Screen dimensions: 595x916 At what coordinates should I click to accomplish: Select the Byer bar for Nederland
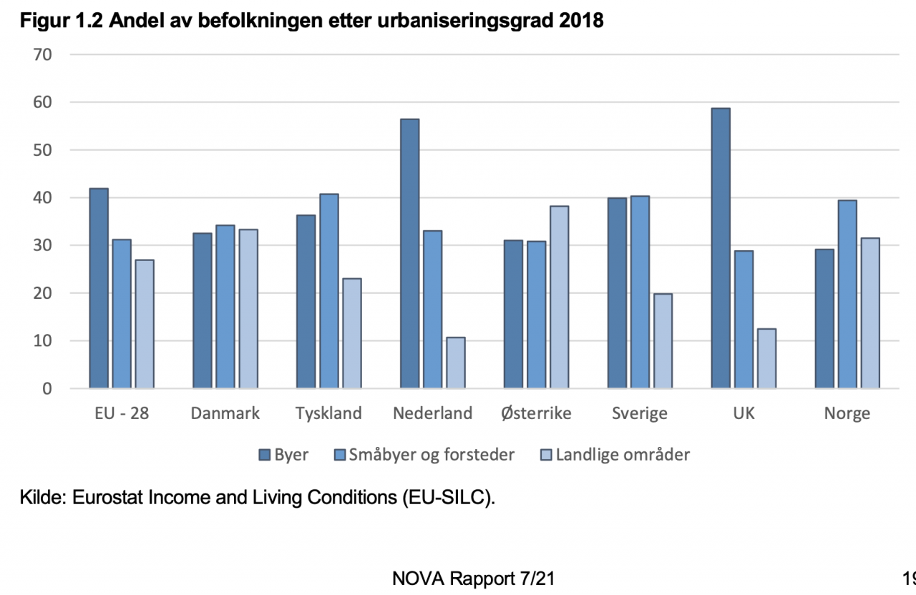click(410, 254)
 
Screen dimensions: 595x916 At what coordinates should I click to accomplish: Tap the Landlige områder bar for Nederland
click(456, 363)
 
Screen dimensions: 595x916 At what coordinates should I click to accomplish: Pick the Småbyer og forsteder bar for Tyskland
click(329, 291)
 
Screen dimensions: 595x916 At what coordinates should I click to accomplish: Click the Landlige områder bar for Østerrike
click(559, 297)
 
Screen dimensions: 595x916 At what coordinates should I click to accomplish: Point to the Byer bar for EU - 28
click(99, 288)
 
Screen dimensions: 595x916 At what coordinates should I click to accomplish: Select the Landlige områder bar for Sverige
click(663, 341)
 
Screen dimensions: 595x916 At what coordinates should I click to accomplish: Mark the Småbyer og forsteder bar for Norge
click(847, 294)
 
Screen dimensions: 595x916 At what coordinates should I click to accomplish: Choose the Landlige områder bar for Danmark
click(248, 309)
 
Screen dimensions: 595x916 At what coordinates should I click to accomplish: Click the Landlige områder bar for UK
click(766, 358)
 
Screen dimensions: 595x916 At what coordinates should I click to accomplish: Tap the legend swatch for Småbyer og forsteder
click(340, 455)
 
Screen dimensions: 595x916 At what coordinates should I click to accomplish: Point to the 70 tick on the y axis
click(42, 54)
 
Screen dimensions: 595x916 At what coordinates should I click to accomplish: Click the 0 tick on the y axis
click(47, 388)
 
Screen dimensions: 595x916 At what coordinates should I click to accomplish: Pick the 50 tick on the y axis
click(42, 150)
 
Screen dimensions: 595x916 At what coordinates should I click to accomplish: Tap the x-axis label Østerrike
click(536, 413)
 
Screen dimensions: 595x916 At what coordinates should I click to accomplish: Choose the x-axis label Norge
click(847, 413)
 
